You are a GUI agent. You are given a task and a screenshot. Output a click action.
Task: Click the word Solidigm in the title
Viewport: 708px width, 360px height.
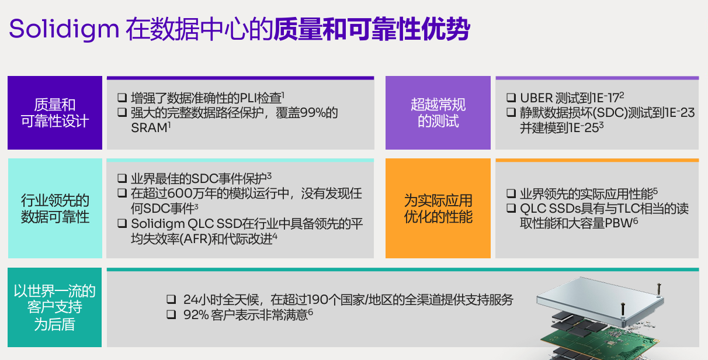(64, 29)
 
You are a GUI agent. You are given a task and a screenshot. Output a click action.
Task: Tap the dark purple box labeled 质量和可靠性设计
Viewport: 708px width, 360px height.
(55, 113)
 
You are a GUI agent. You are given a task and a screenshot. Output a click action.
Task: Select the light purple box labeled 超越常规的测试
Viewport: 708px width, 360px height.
(438, 113)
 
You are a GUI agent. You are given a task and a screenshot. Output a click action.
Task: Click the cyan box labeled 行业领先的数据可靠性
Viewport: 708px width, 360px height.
(55, 209)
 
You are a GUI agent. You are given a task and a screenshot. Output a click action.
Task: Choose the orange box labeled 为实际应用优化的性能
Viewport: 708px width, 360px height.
(438, 209)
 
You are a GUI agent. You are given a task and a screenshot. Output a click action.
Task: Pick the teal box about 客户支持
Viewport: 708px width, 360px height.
(55, 307)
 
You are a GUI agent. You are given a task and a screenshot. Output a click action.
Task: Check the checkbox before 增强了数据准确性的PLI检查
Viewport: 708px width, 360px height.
(122, 98)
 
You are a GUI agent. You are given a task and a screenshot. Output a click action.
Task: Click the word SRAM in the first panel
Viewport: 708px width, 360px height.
(149, 128)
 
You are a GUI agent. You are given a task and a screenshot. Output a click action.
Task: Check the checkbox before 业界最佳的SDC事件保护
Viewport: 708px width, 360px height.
(122, 178)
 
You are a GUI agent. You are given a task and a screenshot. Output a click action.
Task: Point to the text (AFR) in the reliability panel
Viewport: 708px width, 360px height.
(195, 239)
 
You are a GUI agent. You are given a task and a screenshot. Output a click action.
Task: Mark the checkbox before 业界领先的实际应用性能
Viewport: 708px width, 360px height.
(511, 193)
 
